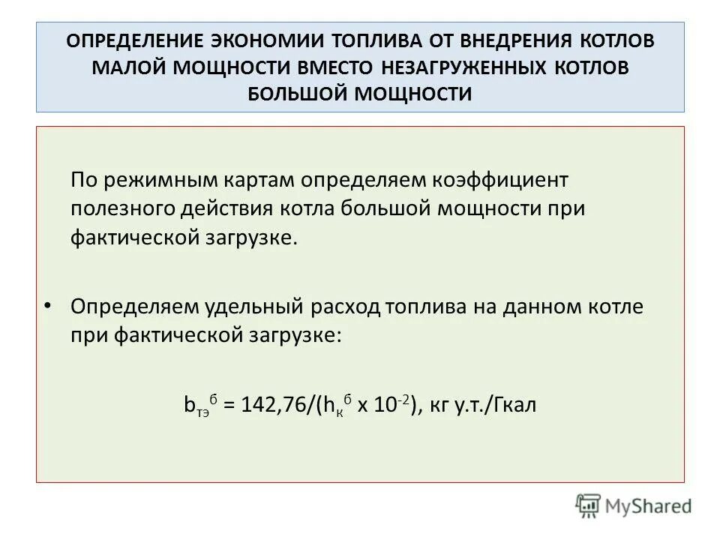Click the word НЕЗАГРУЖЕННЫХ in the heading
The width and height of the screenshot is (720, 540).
(466, 67)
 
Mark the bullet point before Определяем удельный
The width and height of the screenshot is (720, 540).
(49, 305)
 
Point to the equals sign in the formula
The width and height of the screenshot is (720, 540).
(229, 406)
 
